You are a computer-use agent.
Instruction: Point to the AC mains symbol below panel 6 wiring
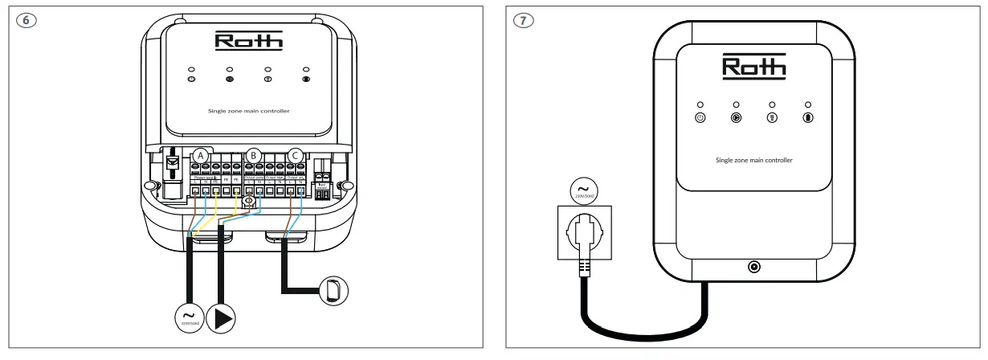[190, 318]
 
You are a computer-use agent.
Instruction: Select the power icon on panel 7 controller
[700, 117]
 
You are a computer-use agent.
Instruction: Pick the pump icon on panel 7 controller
[736, 117]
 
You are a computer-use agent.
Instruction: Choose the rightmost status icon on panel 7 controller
[807, 117]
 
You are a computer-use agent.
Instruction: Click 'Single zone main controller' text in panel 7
[753, 161]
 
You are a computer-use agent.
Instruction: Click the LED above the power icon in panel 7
[700, 104]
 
